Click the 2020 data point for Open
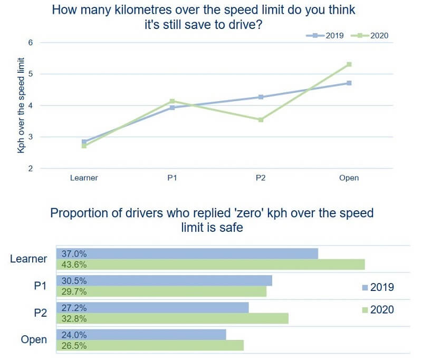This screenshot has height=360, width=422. (349, 64)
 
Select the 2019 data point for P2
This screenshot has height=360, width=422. (260, 97)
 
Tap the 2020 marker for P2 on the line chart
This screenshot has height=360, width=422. (260, 120)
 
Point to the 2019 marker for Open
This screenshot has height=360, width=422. (349, 83)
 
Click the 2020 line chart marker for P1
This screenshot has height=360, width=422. (172, 101)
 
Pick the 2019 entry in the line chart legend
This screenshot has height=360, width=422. (325, 36)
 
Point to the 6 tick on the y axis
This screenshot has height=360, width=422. (30, 42)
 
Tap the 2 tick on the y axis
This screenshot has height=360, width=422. (30, 169)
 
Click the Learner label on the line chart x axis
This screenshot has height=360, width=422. (84, 178)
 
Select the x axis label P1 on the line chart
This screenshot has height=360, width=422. (172, 178)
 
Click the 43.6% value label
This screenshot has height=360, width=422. (74, 265)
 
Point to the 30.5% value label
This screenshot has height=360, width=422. (74, 281)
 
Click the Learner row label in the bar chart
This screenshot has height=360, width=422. (28, 259)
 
